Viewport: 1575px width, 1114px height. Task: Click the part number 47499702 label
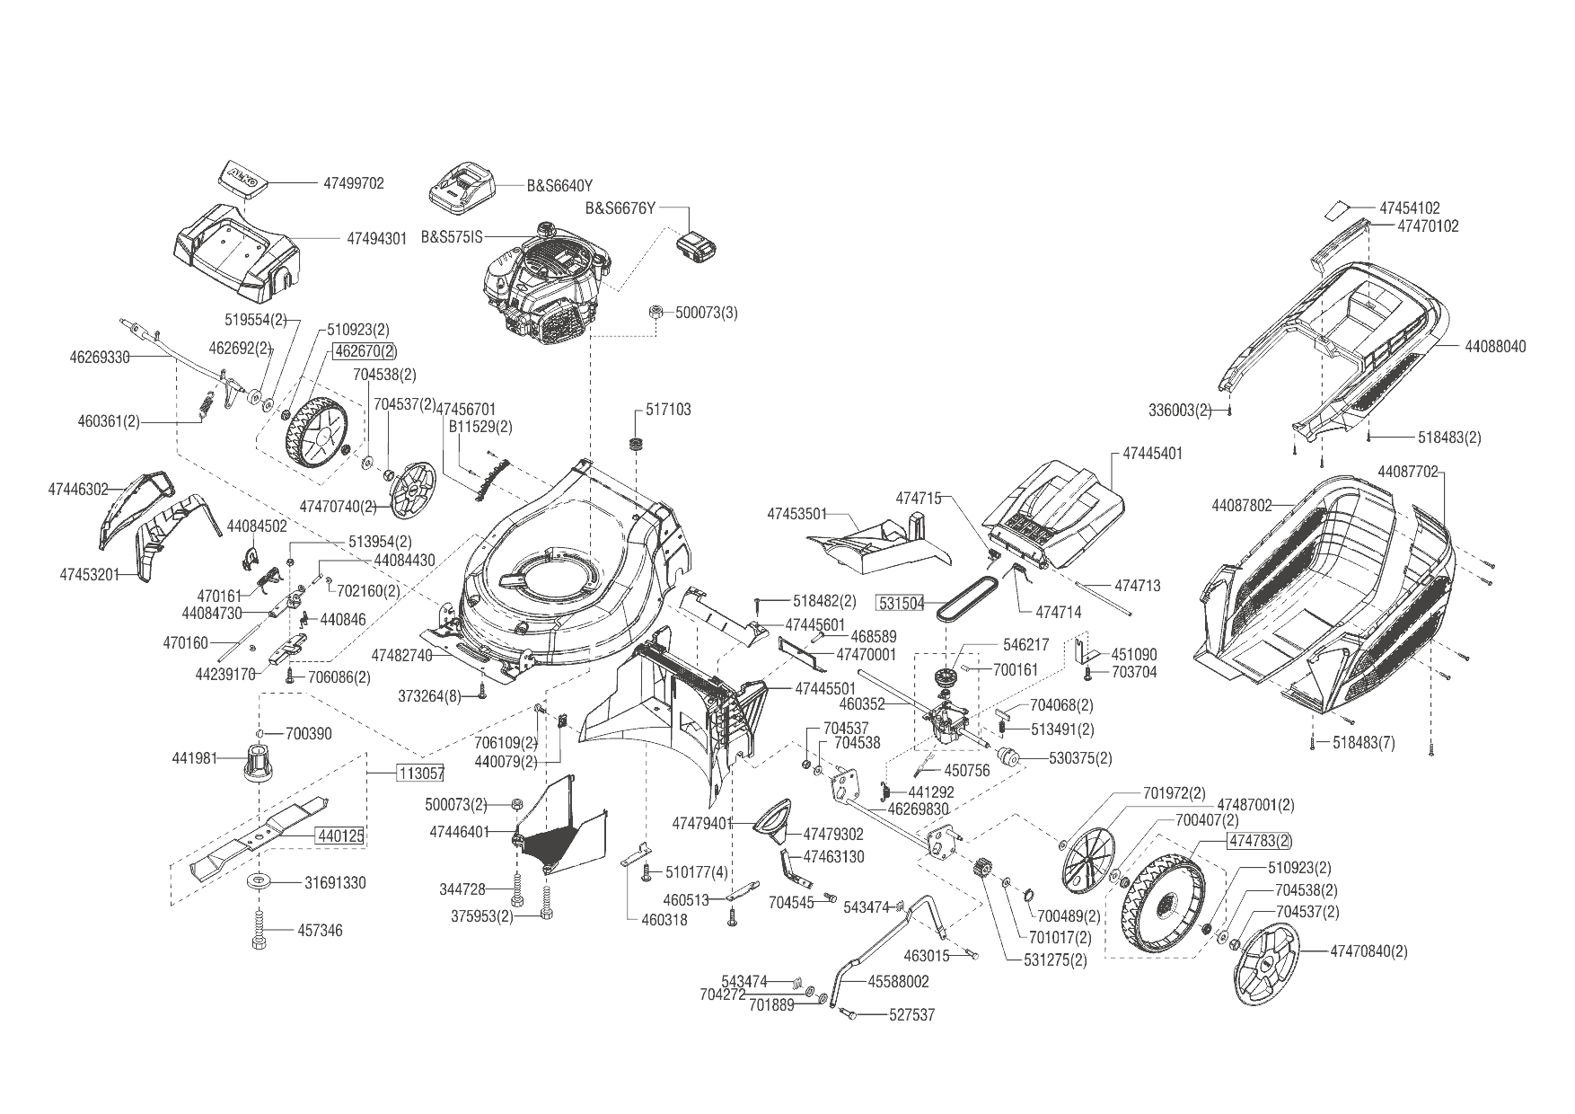pyautogui.click(x=353, y=183)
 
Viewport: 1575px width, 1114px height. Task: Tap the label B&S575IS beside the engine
pyautogui.click(x=452, y=237)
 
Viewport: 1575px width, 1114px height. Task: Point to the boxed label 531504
pyautogui.click(x=901, y=604)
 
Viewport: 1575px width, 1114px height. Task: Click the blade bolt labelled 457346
pyautogui.click(x=259, y=930)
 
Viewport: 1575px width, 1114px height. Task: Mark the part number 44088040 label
pyautogui.click(x=1495, y=346)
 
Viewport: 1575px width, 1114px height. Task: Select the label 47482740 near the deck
pyautogui.click(x=401, y=655)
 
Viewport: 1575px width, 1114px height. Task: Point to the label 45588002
pyautogui.click(x=898, y=982)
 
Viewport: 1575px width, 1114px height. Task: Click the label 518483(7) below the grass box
pyautogui.click(x=1363, y=744)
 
